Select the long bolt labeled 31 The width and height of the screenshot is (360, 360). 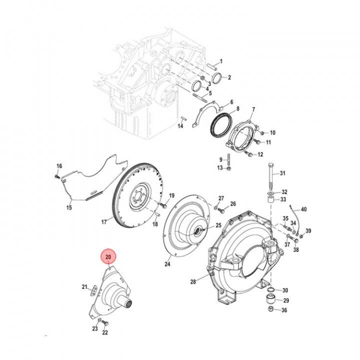(x=270, y=175)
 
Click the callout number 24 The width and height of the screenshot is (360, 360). (x=167, y=263)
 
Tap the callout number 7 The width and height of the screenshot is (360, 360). (x=253, y=109)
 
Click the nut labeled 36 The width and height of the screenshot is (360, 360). (x=270, y=310)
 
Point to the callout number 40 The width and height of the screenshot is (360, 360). (x=303, y=209)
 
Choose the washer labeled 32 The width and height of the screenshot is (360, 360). (x=270, y=192)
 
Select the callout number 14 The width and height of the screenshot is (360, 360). (x=181, y=126)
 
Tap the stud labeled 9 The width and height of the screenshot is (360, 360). (x=227, y=160)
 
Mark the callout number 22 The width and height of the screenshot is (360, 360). (x=105, y=332)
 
